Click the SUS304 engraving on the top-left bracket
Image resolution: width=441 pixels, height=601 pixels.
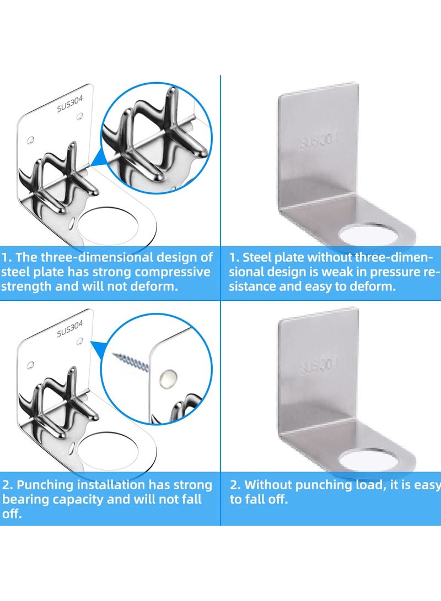pos(69,98)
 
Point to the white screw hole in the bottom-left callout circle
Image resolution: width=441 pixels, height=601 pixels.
pos(168,377)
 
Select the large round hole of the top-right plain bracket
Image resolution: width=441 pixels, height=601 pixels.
pos(368,234)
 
